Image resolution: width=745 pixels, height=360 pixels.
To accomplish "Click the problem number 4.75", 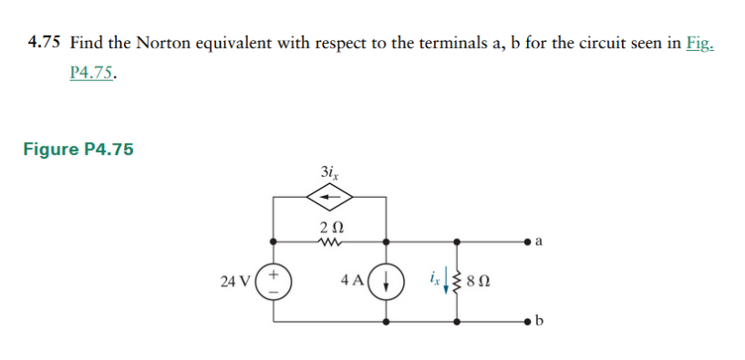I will pyautogui.click(x=44, y=43).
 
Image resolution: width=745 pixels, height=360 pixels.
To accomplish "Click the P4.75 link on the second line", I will pyautogui.click(x=91, y=74).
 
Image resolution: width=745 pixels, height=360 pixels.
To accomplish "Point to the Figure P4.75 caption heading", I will pyautogui.click(x=78, y=149).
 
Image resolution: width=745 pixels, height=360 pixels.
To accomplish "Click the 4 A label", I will pyautogui.click(x=355, y=281).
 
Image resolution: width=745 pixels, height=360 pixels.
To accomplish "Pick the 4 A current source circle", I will pyautogui.click(x=387, y=281).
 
